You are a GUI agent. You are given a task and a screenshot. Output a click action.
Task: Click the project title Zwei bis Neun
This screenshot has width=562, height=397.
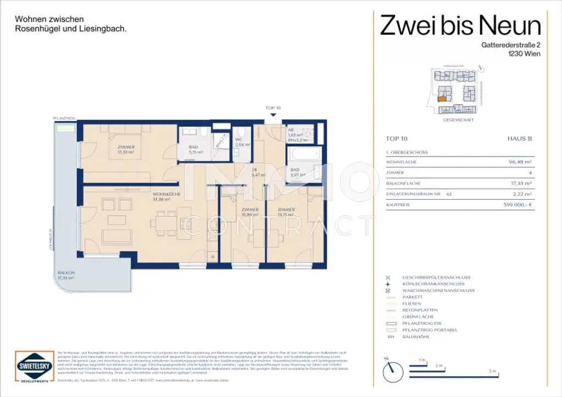(460, 25)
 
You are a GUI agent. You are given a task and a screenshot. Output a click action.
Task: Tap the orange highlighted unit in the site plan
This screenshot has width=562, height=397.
(441, 100)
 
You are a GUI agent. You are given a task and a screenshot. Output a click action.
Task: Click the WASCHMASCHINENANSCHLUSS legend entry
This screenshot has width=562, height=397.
(438, 290)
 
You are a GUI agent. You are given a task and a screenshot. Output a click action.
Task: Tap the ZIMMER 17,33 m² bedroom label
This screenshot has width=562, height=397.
(126, 150)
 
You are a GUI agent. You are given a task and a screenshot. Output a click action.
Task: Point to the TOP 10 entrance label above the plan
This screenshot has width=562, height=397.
(273, 109)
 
